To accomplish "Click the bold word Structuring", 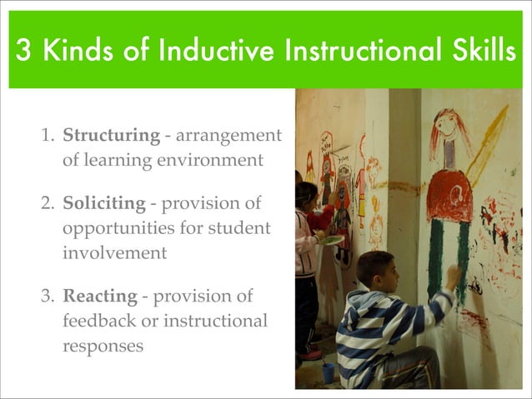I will pos(111,135).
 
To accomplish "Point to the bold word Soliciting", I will pos(100,204).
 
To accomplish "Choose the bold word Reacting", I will pos(99,297).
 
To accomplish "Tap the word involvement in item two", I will pos(114,252).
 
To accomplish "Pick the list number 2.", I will pos(48,204).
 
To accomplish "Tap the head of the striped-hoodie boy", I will pos(375,272).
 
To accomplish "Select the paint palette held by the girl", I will pos(332,241).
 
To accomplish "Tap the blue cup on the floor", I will pos(328,372).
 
